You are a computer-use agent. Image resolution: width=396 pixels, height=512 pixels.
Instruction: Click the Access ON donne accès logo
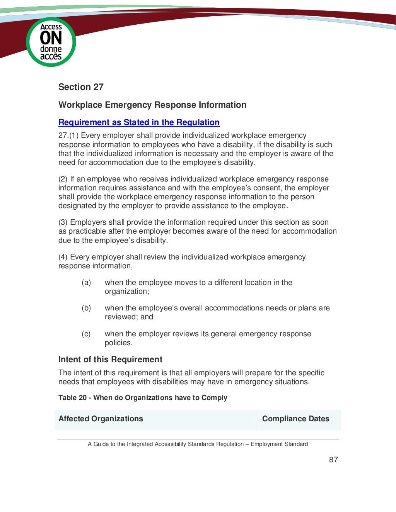pyautogui.click(x=51, y=42)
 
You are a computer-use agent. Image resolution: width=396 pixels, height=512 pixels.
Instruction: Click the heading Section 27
pyautogui.click(x=81, y=87)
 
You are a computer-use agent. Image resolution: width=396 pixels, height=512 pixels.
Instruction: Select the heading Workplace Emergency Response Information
pyautogui.click(x=152, y=105)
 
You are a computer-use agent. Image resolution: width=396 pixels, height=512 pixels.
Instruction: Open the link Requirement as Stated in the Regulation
pyautogui.click(x=139, y=122)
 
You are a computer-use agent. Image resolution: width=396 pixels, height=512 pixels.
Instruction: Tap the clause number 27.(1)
pyautogui.click(x=68, y=136)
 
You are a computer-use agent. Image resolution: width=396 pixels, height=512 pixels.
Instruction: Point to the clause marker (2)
pyautogui.click(x=63, y=179)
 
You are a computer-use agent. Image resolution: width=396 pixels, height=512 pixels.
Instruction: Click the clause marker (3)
pyautogui.click(x=63, y=222)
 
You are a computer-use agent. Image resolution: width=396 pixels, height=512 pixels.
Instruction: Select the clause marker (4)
pyautogui.click(x=63, y=257)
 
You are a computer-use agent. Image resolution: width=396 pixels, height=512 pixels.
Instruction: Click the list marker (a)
pyautogui.click(x=86, y=283)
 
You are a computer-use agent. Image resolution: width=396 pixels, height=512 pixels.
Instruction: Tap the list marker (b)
pyautogui.click(x=86, y=308)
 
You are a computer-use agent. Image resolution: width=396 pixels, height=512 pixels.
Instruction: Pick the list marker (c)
pyautogui.click(x=86, y=334)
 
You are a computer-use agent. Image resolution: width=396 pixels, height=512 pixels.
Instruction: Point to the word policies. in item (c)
pyautogui.click(x=119, y=343)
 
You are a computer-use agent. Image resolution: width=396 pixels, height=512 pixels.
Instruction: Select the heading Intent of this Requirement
pyautogui.click(x=110, y=359)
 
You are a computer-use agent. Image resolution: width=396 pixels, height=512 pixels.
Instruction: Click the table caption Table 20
pyautogui.click(x=72, y=398)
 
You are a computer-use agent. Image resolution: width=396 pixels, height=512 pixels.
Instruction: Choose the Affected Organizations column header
pyautogui.click(x=101, y=419)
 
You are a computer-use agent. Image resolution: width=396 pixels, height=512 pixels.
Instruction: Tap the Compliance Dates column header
pyautogui.click(x=295, y=419)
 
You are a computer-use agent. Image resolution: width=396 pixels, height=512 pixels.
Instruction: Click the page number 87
pyautogui.click(x=333, y=459)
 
